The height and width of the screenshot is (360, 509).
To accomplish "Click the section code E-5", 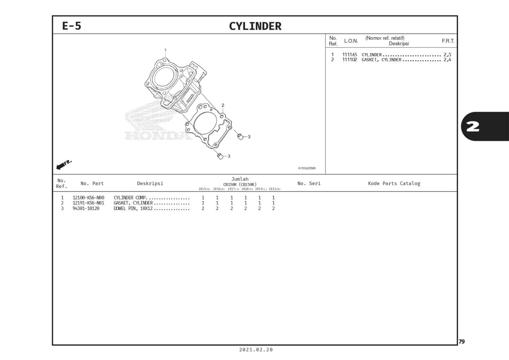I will (72, 26).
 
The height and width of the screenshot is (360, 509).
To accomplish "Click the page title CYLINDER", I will (255, 26).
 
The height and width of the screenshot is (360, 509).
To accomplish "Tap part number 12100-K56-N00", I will (88, 198).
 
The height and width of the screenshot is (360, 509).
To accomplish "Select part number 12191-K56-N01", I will (88, 203).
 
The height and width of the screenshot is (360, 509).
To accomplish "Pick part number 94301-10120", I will (86, 209).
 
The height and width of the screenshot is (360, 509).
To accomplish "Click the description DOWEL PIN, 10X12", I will (133, 209).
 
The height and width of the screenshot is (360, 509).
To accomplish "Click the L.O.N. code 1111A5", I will (349, 55).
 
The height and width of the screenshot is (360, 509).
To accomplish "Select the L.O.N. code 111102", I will (349, 60).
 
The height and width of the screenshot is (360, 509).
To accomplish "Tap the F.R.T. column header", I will (448, 41).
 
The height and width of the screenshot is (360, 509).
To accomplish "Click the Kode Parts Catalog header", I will (394, 183).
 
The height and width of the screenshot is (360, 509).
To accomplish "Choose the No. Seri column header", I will (309, 183).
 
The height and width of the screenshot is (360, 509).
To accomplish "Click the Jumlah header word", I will (240, 179).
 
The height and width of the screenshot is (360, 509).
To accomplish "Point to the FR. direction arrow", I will (64, 164).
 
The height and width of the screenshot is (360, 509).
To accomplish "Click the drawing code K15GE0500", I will (307, 168).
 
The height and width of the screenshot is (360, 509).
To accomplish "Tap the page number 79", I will (462, 342).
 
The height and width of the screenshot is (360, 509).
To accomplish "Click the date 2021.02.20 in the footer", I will (256, 350).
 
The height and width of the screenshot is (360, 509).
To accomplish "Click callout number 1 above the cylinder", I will (165, 50).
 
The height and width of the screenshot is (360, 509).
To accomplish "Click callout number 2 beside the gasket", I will (223, 105).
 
